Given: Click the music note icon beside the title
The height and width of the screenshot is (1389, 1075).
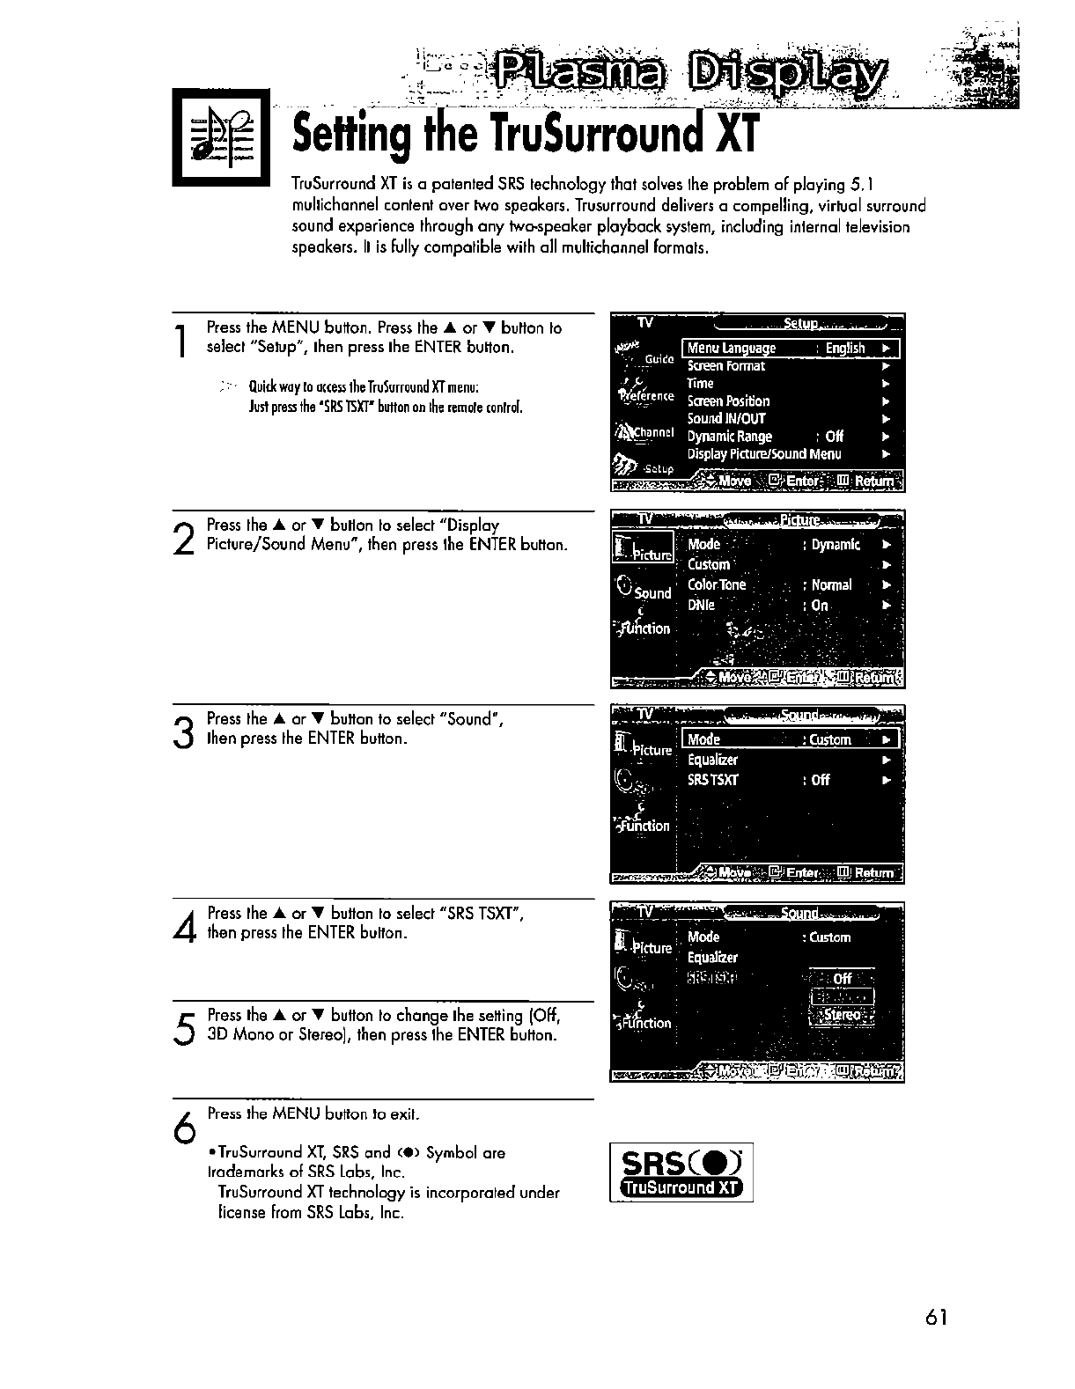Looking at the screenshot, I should click(x=221, y=140).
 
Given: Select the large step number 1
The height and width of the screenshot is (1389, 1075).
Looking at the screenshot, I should click(x=181, y=342).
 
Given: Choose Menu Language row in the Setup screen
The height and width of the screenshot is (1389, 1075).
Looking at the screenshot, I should click(x=791, y=349).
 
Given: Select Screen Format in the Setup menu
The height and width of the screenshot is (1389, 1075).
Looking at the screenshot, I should click(x=726, y=366).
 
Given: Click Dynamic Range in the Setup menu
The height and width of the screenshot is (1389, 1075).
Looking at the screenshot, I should click(x=730, y=437).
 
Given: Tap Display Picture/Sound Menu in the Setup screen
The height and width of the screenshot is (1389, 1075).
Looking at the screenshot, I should click(x=764, y=454).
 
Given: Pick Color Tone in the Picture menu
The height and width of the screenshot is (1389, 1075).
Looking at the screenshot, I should click(x=717, y=585).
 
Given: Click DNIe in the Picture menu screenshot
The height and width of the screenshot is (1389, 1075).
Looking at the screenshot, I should click(x=702, y=606).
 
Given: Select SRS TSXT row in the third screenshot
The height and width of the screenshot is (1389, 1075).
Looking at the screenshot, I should click(x=713, y=780).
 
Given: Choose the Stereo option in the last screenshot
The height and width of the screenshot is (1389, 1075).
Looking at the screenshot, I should click(x=842, y=1015).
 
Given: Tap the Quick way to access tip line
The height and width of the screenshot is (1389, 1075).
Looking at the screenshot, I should click(x=364, y=388).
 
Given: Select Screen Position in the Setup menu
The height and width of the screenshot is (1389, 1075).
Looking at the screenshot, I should click(x=729, y=401).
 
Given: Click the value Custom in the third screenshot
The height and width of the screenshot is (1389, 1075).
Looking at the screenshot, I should click(x=829, y=740).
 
